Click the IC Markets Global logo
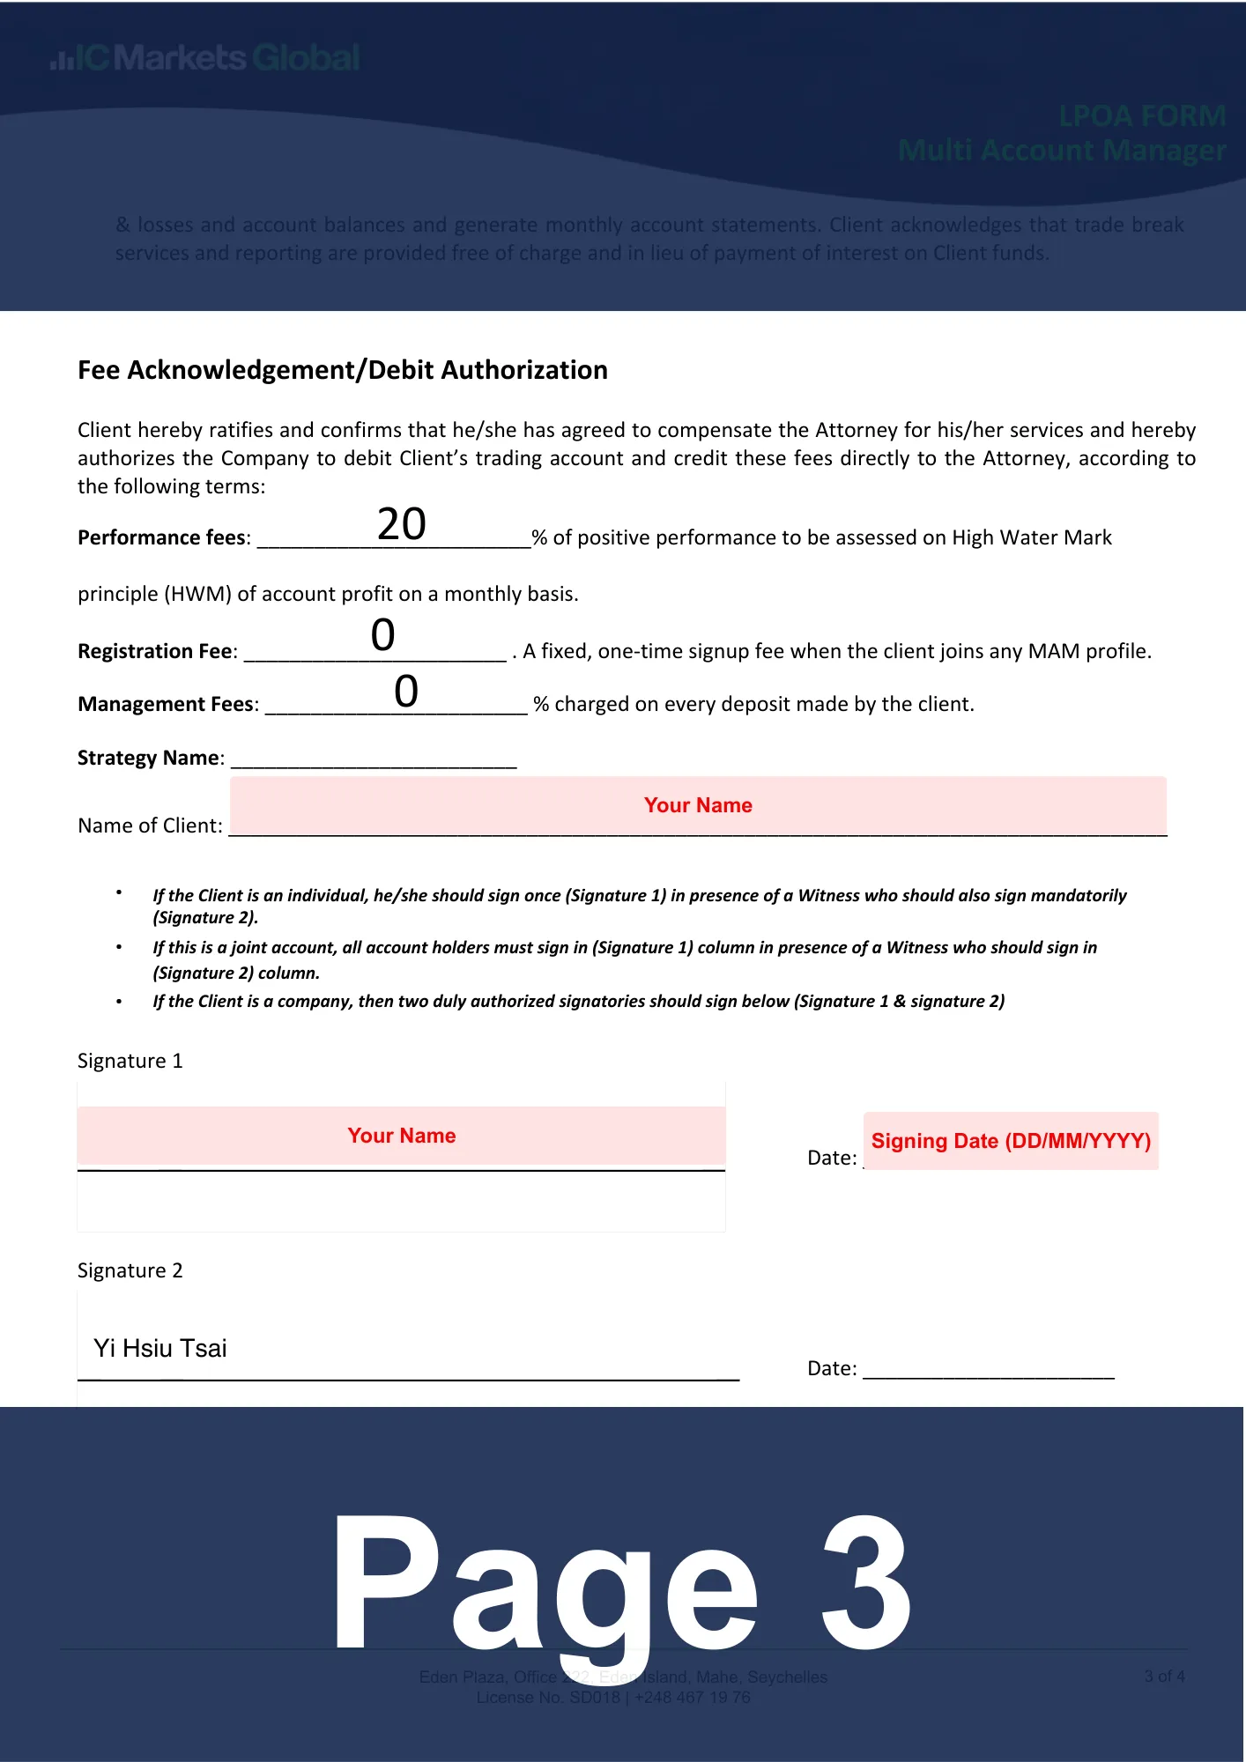[205, 58]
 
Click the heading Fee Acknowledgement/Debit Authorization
[342, 370]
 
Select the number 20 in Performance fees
[402, 524]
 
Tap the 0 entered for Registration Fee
[382, 634]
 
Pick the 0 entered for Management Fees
[405, 691]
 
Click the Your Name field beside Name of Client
[698, 805]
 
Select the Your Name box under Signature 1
[401, 1136]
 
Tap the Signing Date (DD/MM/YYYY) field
[1011, 1141]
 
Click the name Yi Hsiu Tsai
[160, 1348]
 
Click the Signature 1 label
[130, 1061]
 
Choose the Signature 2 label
[130, 1270]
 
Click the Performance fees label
[163, 537]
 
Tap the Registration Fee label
[157, 651]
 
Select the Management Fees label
[167, 704]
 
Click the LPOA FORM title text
[1142, 116]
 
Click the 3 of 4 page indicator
[1164, 1677]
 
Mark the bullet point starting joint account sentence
[119, 947]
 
